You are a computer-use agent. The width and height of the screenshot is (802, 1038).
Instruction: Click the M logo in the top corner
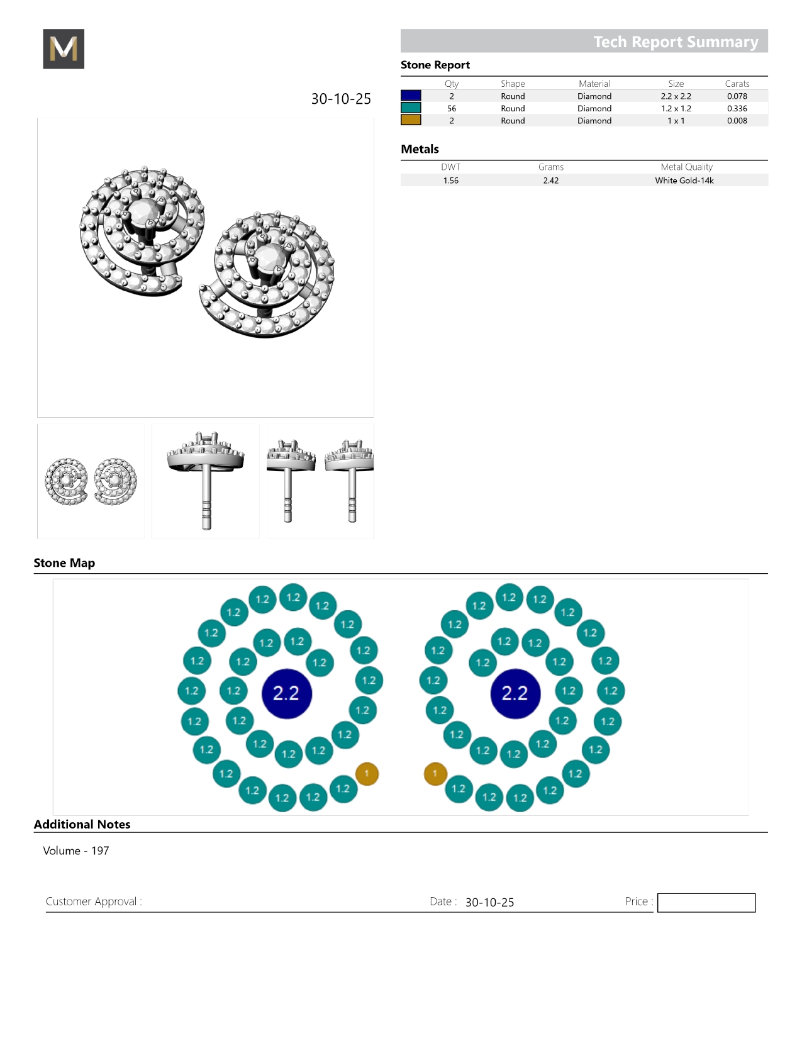tap(64, 48)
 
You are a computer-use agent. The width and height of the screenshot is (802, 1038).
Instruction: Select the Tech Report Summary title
tap(676, 42)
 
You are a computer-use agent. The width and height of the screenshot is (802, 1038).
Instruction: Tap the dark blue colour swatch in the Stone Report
tap(411, 96)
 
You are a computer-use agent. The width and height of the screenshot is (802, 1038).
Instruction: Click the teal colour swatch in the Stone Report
tap(411, 108)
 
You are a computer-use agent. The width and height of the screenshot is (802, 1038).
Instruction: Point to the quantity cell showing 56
tap(452, 108)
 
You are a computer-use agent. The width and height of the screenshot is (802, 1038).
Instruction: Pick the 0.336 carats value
tap(737, 108)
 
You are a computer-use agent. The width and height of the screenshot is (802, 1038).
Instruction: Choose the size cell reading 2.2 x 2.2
tap(676, 96)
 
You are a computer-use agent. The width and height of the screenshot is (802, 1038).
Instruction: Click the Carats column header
tap(737, 84)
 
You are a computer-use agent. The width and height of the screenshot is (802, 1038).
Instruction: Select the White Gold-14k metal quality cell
tap(684, 181)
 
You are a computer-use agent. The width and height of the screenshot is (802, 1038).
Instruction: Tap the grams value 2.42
tap(551, 181)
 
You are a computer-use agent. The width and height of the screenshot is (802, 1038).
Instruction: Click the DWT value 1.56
tap(450, 181)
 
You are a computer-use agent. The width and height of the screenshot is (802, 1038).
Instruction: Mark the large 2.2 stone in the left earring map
tap(287, 694)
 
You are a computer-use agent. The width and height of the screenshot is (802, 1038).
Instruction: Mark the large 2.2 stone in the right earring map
tap(515, 694)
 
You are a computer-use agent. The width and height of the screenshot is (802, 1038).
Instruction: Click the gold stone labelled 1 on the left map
tap(367, 774)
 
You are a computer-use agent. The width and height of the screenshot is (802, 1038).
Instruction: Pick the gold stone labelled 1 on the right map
tap(435, 774)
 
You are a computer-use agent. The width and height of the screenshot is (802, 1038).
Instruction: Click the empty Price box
tap(706, 902)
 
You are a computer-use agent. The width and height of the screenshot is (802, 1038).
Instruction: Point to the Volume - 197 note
tap(76, 851)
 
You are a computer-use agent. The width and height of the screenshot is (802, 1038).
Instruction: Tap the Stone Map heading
tap(64, 562)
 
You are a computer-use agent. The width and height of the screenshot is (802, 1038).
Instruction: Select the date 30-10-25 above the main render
tap(340, 99)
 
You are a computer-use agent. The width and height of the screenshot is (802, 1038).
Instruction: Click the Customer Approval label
tap(94, 901)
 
